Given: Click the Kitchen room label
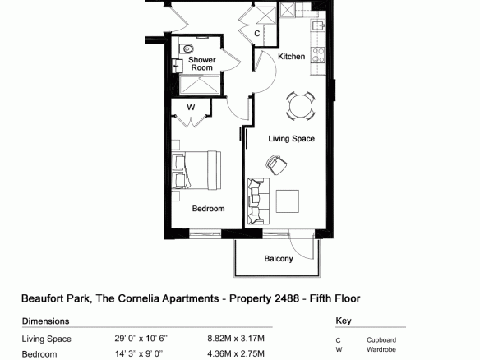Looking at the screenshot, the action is pyautogui.click(x=291, y=57).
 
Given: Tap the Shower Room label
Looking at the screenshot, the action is pyautogui.click(x=201, y=63).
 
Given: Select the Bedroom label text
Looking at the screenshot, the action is pyautogui.click(x=208, y=209).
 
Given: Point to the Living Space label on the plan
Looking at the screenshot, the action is pyautogui.click(x=292, y=139).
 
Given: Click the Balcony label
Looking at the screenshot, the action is pyautogui.click(x=279, y=259).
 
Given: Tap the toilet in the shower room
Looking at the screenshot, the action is pyautogui.click(x=187, y=48).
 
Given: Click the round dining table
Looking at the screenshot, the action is pyautogui.click(x=301, y=106).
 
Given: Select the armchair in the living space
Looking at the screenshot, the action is pyautogui.click(x=276, y=164).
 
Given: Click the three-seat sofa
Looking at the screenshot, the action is pyautogui.click(x=258, y=201).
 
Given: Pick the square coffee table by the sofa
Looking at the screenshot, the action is pyautogui.click(x=288, y=201).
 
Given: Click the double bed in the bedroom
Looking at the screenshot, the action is pyautogui.click(x=196, y=170).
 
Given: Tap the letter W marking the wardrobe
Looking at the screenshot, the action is pyautogui.click(x=191, y=108).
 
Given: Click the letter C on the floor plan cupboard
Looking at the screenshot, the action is pyautogui.click(x=257, y=33).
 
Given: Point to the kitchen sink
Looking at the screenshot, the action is pyautogui.click(x=318, y=25).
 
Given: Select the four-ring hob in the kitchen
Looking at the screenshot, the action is pyautogui.click(x=318, y=55).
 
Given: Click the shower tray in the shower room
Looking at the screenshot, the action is pyautogui.click(x=200, y=84).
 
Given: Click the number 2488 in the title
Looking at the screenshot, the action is pyautogui.click(x=287, y=298).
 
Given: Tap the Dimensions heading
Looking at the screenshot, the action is pyautogui.click(x=45, y=321).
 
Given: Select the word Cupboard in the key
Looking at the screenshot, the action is pyautogui.click(x=381, y=340).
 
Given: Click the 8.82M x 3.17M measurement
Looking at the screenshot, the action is pyautogui.click(x=236, y=339).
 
